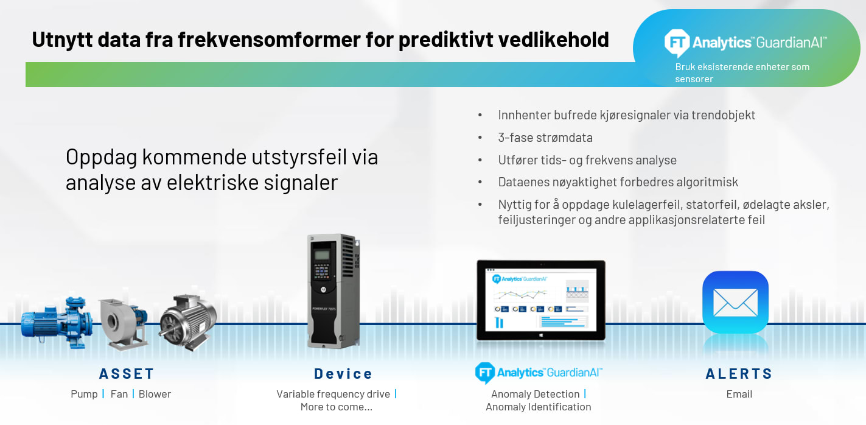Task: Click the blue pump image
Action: (x=57, y=321)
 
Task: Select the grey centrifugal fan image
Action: (x=124, y=323)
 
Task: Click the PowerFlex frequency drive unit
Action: (x=333, y=290)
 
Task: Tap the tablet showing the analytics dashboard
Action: (x=540, y=300)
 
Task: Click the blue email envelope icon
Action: (x=735, y=302)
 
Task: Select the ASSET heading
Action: (x=127, y=373)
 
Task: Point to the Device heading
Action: (x=343, y=373)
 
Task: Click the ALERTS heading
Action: (x=739, y=373)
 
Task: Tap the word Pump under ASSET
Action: (x=84, y=394)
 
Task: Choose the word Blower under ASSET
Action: (x=155, y=394)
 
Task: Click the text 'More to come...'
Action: (x=336, y=407)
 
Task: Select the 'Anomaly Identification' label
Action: (x=538, y=407)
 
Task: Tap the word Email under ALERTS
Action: (x=739, y=394)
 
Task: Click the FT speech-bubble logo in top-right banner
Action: (x=676, y=43)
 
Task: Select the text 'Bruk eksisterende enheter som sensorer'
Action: (x=742, y=72)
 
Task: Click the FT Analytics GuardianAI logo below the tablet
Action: (x=539, y=372)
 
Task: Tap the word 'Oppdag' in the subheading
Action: (x=101, y=157)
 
